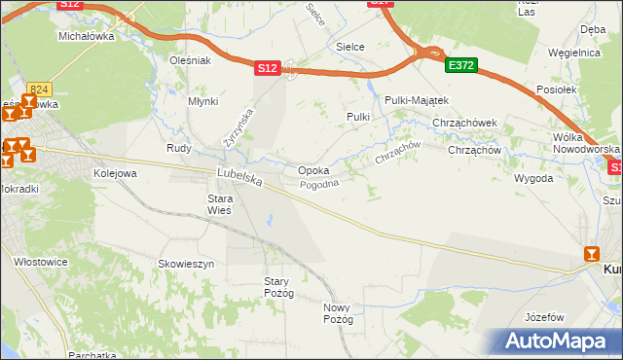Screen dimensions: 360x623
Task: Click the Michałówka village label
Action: pyautogui.click(x=87, y=36)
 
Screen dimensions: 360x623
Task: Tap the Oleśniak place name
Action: pyautogui.click(x=190, y=60)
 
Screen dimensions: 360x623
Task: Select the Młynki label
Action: pyautogui.click(x=202, y=101)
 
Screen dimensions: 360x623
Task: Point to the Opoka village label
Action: pyautogui.click(x=312, y=170)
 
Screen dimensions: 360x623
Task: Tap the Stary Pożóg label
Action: pyautogui.click(x=278, y=287)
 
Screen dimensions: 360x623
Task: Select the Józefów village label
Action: pyautogui.click(x=544, y=317)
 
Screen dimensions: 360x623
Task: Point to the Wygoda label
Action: pyautogui.click(x=533, y=179)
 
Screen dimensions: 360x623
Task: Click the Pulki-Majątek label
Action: pyautogui.click(x=416, y=100)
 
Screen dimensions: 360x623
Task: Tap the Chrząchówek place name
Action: pyautogui.click(x=465, y=123)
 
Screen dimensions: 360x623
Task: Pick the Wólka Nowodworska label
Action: pyautogui.click(x=584, y=143)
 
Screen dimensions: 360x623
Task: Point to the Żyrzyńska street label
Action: pyautogui.click(x=238, y=127)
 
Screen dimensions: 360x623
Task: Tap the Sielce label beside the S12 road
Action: pyautogui.click(x=350, y=46)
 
